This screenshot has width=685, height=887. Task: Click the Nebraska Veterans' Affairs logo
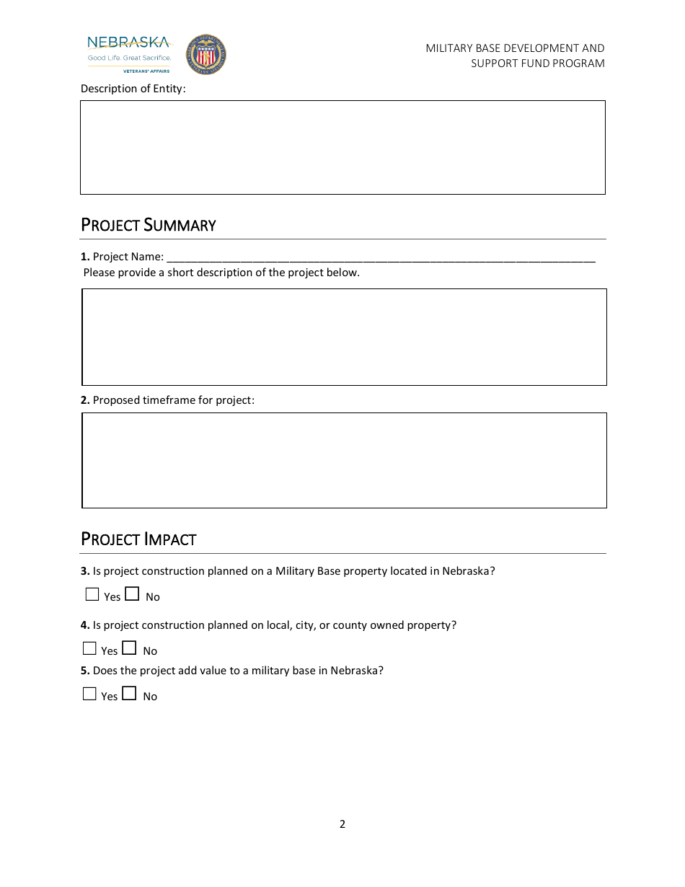pos(129,54)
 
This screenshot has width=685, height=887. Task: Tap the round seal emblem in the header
pos(206,55)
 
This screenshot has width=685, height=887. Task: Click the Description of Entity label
pos(133,89)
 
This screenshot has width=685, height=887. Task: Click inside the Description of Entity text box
pos(342,147)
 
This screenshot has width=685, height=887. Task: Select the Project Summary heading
pos(148,225)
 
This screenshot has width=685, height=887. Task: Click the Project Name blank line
pos(380,257)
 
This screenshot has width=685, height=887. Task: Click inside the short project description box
pos(344,337)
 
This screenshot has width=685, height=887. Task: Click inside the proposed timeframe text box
pos(344,460)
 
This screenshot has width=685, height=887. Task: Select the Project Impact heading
pos(138,539)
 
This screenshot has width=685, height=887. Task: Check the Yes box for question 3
pos(92,595)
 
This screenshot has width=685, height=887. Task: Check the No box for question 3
pos(132,594)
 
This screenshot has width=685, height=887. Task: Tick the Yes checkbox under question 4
pos(89,649)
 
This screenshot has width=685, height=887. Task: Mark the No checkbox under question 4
pos(129,648)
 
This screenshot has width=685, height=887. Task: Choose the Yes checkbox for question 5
pos(89,694)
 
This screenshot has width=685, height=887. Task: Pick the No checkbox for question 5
pos(129,694)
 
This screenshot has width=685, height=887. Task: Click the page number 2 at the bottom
pos(342,824)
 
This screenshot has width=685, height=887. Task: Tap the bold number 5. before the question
pos(85,671)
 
